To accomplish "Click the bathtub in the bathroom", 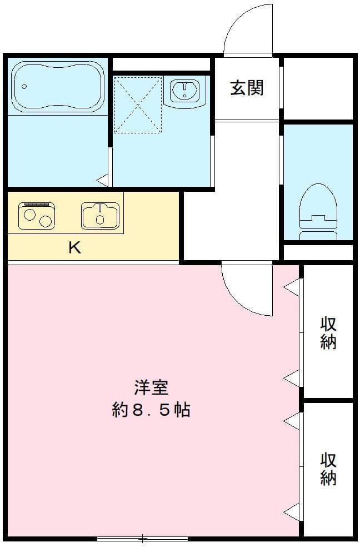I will (58, 86).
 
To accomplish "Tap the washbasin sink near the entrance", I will (185, 90).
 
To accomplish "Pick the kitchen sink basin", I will (101, 216).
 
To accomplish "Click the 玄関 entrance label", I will (247, 88).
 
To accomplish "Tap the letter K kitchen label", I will (74, 247).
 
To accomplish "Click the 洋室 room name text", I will (151, 386).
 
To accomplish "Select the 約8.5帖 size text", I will (151, 410).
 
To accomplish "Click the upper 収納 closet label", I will (328, 332).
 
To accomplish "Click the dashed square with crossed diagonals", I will (137, 105).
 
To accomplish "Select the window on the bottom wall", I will (143, 538).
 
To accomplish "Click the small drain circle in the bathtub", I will (24, 86).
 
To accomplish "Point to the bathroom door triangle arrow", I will (102, 180).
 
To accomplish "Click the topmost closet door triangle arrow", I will (292, 287).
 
